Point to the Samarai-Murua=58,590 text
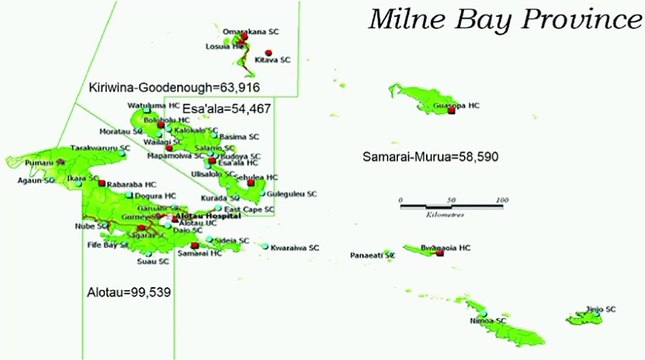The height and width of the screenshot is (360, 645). tap(427, 158)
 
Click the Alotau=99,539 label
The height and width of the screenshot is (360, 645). tap(127, 293)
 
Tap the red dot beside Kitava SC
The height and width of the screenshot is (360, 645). tap(268, 52)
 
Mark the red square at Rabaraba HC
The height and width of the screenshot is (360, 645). tap(100, 183)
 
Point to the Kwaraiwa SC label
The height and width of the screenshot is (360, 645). tap(295, 247)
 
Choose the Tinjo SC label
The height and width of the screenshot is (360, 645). tap(600, 310)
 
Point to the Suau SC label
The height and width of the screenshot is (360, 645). tap(153, 262)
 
